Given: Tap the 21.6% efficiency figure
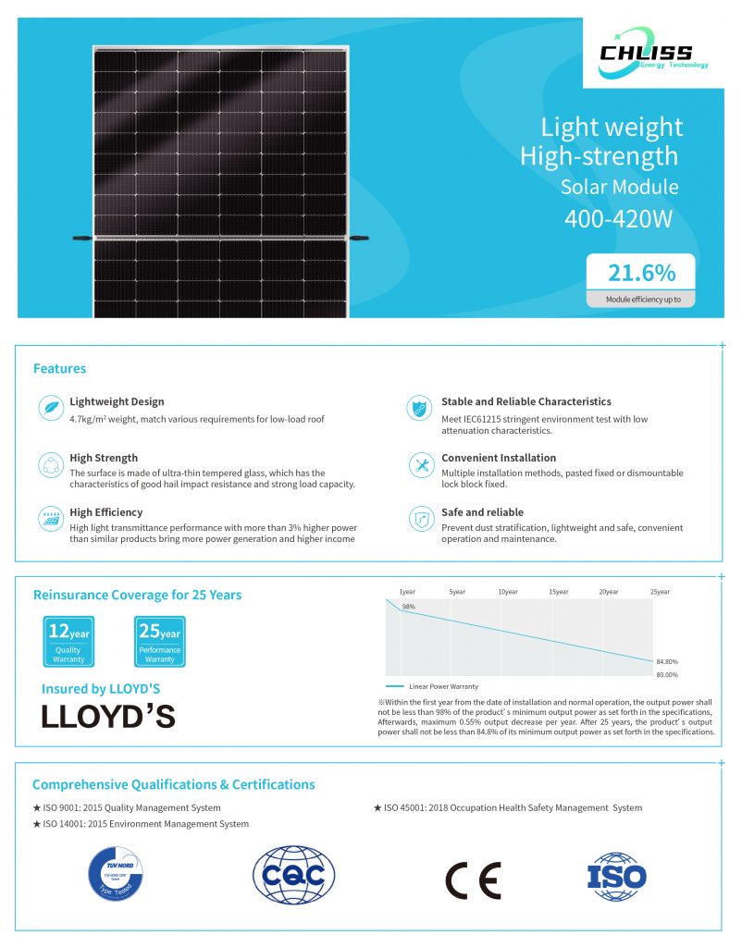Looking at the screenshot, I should coord(640,273).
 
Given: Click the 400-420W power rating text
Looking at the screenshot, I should coord(619,218).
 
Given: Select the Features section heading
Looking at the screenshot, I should coord(59,368).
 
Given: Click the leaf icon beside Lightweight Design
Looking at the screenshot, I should coord(50,408).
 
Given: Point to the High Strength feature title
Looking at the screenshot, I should coord(104,458).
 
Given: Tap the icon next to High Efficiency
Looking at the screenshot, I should coord(50,518).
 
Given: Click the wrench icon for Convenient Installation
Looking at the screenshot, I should coord(421,464).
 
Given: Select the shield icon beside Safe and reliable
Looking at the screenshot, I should coord(421,518).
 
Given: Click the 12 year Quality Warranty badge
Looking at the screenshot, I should coord(68,641).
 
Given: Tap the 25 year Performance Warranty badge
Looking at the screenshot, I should coord(159,641).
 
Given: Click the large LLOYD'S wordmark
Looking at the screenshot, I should coord(108,717).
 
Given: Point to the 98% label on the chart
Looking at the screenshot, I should coord(408,607).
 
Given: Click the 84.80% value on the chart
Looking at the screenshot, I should coord(666,662).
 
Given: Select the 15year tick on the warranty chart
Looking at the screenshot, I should coord(558,591).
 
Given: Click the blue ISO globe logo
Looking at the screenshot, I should coord(616,877).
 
